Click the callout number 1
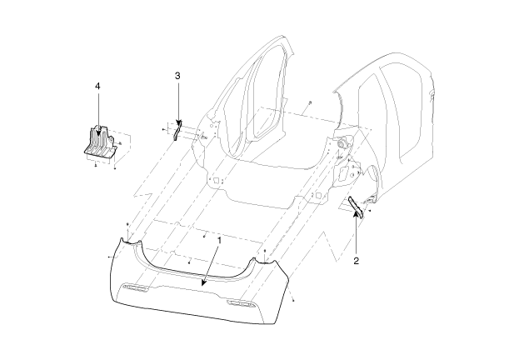pyautogui.click(x=218, y=241)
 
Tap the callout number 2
pyautogui.click(x=356, y=261)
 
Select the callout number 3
pyautogui.click(x=177, y=76)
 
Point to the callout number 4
pyautogui.click(x=97, y=86)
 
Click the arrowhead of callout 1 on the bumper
pyautogui.click(x=203, y=282)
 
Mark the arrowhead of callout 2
pyautogui.click(x=356, y=213)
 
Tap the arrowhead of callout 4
pyautogui.click(x=97, y=132)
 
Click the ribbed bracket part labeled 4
pyautogui.click(x=100, y=143)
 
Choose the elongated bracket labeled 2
pyautogui.click(x=356, y=207)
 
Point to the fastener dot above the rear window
pyautogui.click(x=309, y=102)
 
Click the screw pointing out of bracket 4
pyautogui.click(x=120, y=143)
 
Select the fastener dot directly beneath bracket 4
pyautogui.click(x=95, y=165)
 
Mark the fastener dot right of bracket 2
pyautogui.click(x=370, y=210)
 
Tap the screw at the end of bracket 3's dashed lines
pyautogui.click(x=163, y=129)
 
